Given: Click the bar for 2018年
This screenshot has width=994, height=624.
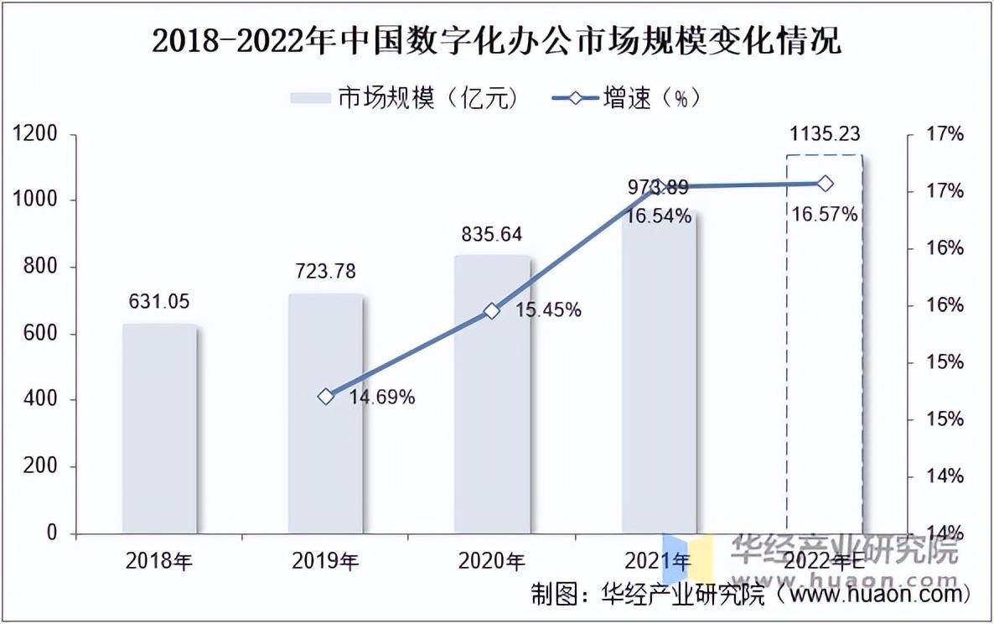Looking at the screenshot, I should [x=160, y=429].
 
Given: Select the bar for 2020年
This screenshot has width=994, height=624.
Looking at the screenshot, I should [x=492, y=395].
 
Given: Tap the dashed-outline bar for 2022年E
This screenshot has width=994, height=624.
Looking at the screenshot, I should [x=824, y=344].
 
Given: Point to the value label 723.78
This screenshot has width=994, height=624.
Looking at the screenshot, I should [x=325, y=271].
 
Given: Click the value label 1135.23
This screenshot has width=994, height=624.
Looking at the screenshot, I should [x=825, y=134].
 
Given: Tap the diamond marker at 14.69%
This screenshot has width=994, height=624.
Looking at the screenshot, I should [x=326, y=397].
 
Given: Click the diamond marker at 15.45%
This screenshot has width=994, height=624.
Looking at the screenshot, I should [x=492, y=311].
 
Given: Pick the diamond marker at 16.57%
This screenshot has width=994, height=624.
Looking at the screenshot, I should [x=825, y=184].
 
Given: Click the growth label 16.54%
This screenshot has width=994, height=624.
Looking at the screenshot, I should [x=659, y=216].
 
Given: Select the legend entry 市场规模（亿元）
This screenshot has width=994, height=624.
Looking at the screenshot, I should [x=406, y=98].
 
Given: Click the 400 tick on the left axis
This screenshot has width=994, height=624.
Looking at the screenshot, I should [x=41, y=400].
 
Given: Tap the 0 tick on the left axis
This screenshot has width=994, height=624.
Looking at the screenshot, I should [x=52, y=533].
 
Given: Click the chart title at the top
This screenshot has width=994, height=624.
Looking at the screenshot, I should [x=496, y=40].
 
